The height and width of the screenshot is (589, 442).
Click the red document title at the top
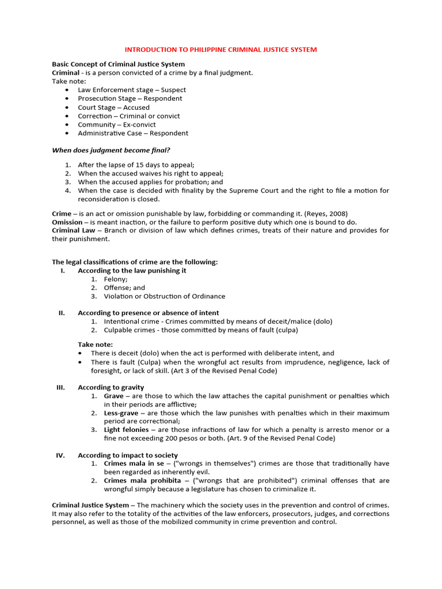[220, 49]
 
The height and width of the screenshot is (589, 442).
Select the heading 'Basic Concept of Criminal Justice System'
[119, 64]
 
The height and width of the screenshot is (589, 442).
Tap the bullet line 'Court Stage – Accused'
[113, 107]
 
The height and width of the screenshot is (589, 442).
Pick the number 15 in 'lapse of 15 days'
[143, 165]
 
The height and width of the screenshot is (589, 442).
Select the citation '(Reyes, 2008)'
[327, 213]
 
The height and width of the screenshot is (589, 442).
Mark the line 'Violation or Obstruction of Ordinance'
[165, 296]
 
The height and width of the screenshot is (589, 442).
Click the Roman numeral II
[62, 313]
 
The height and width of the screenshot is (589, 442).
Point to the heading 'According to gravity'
[111, 387]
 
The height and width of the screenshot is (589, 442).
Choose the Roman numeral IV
[60, 455]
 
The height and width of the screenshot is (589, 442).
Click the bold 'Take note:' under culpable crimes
[96, 345]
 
